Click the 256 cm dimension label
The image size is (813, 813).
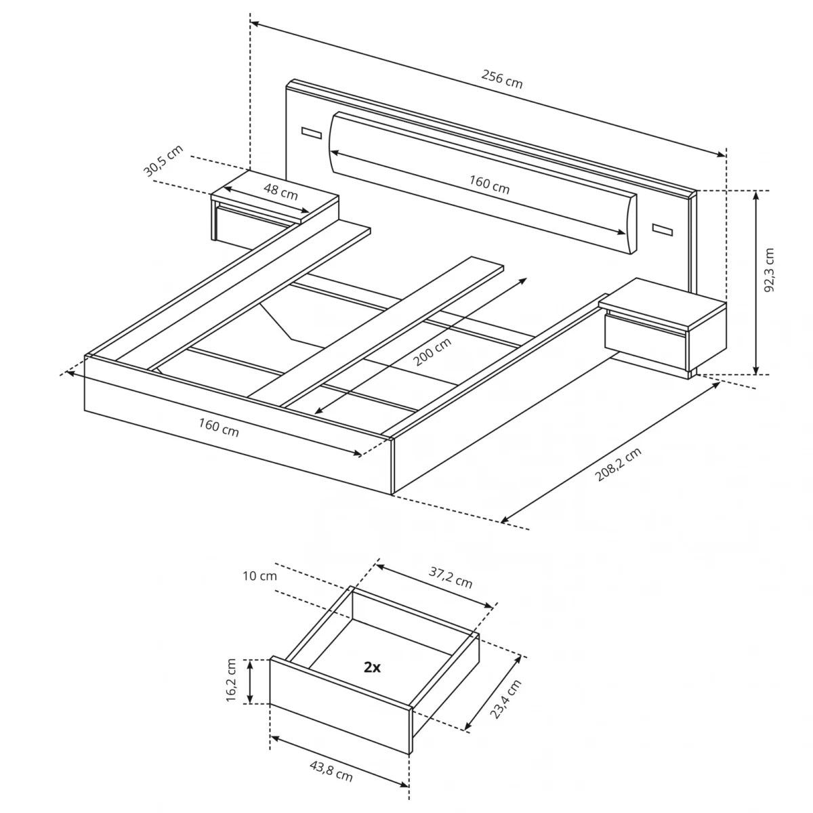click(x=502, y=79)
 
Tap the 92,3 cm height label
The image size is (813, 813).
click(x=769, y=270)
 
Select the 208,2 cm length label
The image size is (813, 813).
click(x=618, y=465)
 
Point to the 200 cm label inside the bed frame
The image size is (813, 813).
click(x=432, y=352)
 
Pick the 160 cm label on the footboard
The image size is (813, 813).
click(x=219, y=428)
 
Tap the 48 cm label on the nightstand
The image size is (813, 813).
click(x=280, y=192)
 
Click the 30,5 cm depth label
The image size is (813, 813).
click(x=163, y=161)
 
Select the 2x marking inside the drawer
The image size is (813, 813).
click(x=372, y=667)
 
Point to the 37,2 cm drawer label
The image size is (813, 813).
click(x=451, y=578)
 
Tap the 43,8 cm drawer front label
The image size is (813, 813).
click(x=331, y=771)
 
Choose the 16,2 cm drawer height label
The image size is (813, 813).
click(x=232, y=680)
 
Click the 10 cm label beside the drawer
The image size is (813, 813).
click(x=259, y=577)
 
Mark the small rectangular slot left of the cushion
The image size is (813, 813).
click(x=311, y=132)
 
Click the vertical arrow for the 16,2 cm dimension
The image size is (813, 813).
click(x=251, y=681)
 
